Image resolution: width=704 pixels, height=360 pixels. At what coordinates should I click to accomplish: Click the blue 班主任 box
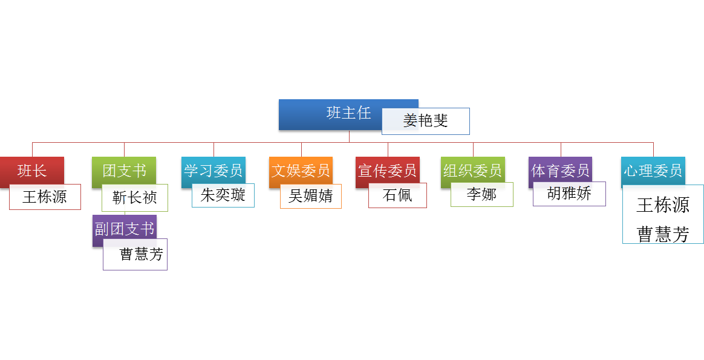click(x=339, y=114)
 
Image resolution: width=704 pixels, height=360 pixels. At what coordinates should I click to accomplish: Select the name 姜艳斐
click(x=426, y=121)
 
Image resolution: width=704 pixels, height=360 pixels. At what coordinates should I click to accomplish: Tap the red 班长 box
click(x=31, y=171)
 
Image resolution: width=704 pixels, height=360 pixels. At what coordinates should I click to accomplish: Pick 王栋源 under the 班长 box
click(x=45, y=197)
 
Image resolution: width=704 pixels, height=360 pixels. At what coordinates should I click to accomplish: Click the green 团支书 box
click(x=124, y=171)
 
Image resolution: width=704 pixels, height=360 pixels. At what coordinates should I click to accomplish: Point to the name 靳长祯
click(x=135, y=198)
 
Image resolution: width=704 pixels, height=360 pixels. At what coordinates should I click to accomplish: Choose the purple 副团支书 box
click(x=124, y=229)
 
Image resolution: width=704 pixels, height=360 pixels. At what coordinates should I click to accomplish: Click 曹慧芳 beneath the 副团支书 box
click(x=142, y=254)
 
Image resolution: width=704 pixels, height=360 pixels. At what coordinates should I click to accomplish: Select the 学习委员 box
click(x=213, y=171)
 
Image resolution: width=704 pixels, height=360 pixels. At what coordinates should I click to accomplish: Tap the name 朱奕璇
click(x=223, y=195)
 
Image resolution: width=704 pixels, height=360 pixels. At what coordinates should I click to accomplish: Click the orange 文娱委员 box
click(x=301, y=171)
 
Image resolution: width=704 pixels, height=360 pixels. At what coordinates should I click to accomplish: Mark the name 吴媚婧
click(x=311, y=196)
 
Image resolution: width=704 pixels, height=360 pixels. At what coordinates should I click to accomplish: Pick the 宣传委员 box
click(x=387, y=171)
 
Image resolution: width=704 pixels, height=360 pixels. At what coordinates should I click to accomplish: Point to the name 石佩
click(x=397, y=195)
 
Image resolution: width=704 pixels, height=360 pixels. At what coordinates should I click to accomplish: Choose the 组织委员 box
click(x=472, y=171)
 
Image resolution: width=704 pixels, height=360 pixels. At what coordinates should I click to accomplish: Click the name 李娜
click(x=482, y=194)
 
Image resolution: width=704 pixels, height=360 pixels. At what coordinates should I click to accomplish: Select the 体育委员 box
click(x=560, y=171)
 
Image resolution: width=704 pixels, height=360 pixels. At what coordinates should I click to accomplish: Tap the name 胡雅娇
click(x=569, y=194)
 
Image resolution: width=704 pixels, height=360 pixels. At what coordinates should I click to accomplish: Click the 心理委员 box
click(x=653, y=171)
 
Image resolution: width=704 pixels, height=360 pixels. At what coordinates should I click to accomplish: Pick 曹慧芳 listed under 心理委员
click(x=663, y=234)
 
